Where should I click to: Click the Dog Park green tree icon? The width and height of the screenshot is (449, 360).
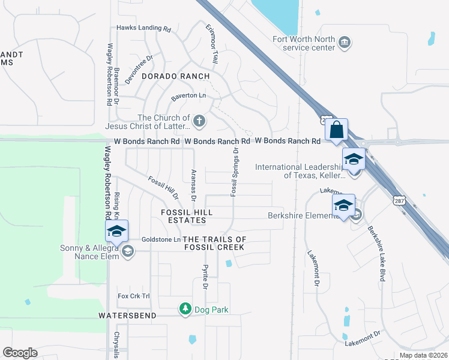pyautogui.click(x=185, y=309)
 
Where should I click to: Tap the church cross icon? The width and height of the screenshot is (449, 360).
pyautogui.click(x=199, y=122)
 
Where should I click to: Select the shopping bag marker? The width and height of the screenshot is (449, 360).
pyautogui.click(x=337, y=130)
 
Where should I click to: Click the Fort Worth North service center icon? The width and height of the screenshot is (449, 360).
pyautogui.click(x=345, y=42)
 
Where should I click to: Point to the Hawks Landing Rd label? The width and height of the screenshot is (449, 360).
pyautogui.click(x=143, y=28)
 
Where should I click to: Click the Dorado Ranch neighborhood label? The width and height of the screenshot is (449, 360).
pyautogui.click(x=175, y=76)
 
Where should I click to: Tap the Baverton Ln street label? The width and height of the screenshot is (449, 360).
pyautogui.click(x=188, y=96)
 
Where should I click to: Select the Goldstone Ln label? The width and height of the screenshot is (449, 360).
pyautogui.click(x=161, y=239)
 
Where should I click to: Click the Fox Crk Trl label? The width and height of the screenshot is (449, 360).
pyautogui.click(x=133, y=296)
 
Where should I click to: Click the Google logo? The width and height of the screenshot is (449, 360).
pyautogui.click(x=20, y=353)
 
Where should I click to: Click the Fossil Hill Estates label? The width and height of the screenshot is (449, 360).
pyautogui.click(x=187, y=217)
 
